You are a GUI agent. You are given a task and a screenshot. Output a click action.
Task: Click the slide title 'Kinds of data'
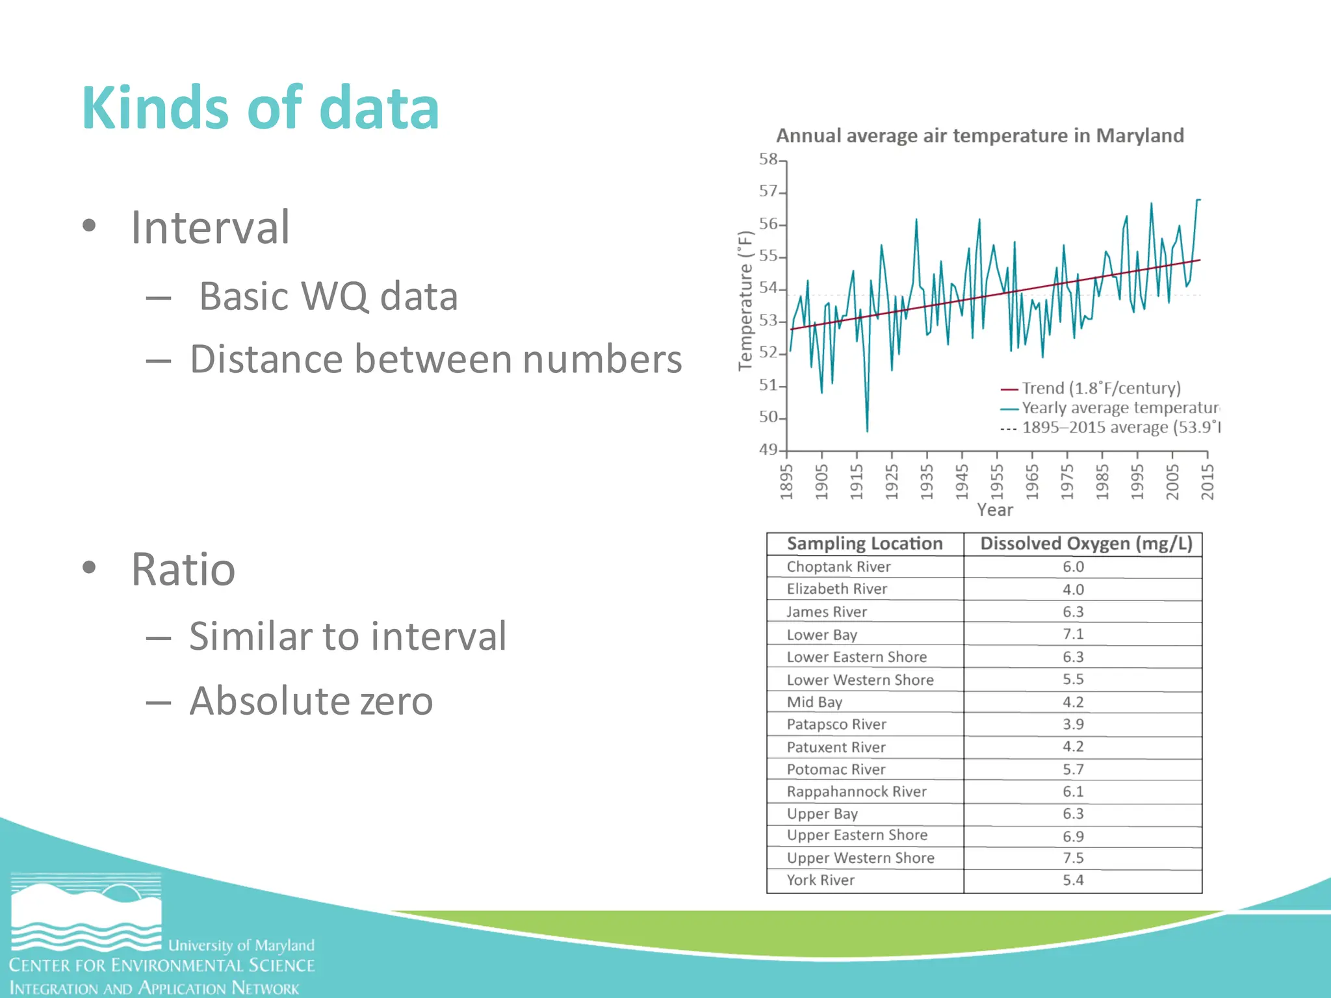tap(260, 108)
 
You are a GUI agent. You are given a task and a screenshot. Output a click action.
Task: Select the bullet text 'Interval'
tap(210, 227)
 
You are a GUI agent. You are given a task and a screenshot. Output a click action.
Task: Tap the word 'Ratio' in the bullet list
tap(183, 570)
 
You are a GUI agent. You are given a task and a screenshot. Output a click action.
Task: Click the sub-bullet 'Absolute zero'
tap(311, 701)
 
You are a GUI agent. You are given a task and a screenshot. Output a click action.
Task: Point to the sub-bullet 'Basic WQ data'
tap(328, 296)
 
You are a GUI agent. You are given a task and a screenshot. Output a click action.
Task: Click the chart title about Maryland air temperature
tap(979, 136)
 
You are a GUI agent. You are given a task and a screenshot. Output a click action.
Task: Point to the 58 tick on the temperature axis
tap(769, 159)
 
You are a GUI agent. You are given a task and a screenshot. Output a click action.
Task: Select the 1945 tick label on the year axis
tap(962, 481)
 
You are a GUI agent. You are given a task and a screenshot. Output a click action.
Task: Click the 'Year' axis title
tap(994, 510)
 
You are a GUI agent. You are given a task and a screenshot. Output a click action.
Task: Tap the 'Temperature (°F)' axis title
tap(745, 301)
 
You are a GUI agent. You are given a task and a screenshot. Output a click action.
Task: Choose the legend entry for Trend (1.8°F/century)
tap(1100, 389)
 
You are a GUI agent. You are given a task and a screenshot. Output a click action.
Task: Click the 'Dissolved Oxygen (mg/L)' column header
tap(1085, 544)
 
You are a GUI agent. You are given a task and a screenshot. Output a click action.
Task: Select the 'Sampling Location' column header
tap(864, 544)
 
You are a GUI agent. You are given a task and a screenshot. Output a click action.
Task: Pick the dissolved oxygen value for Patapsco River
tap(1073, 724)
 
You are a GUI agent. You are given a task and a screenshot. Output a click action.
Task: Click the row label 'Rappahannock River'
tap(857, 792)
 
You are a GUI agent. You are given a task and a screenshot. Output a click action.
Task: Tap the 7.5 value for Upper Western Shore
tap(1073, 858)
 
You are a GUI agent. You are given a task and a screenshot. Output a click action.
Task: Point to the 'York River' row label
tap(820, 880)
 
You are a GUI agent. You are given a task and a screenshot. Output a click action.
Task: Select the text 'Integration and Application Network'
tap(154, 988)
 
